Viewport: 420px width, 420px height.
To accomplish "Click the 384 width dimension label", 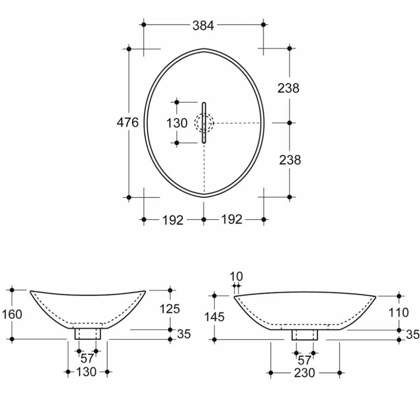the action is coord(204,26).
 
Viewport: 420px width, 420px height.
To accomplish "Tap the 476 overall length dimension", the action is coord(128,122).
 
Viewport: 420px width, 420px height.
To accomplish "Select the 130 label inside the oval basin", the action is coord(177,123).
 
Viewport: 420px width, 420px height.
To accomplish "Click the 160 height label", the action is coord(12,314).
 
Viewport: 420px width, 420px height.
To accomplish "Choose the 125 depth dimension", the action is coord(170,309).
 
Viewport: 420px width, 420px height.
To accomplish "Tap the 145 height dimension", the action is coord(214,317).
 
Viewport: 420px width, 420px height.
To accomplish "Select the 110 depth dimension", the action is coord(399,312).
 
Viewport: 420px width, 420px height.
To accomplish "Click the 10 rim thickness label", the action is coord(236,276).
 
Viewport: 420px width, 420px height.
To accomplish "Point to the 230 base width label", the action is coord(304,373).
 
